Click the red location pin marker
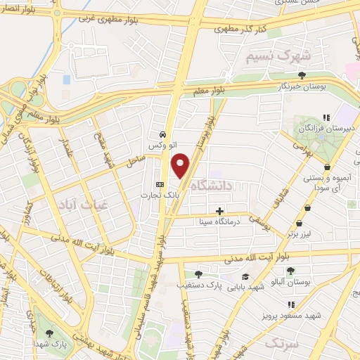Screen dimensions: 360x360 pos(181,165)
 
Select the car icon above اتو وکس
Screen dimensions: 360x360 pos(162,134)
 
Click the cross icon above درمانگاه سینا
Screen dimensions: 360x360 pos(220,210)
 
